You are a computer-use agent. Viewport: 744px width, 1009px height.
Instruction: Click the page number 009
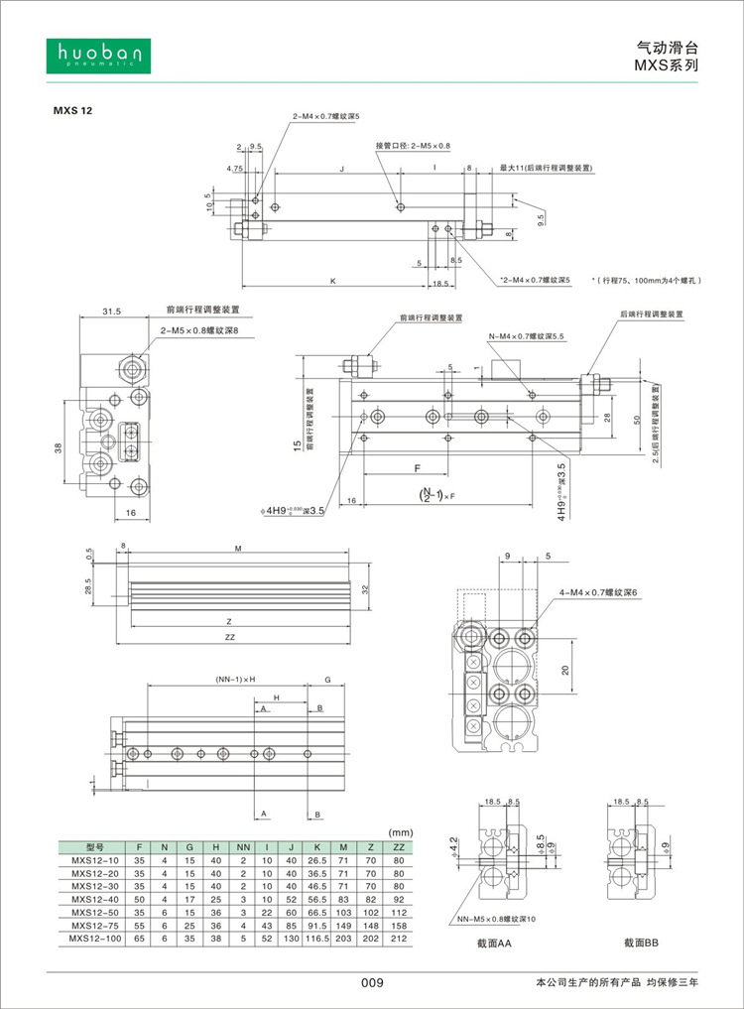pos(371,982)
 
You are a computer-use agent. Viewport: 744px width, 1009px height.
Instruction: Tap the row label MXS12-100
pos(95,938)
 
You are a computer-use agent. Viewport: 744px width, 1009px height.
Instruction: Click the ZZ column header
pos(399,847)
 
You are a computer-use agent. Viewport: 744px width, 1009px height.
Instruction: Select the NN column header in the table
pos(242,847)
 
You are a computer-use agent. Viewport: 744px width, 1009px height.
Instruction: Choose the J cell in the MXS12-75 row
pos(291,925)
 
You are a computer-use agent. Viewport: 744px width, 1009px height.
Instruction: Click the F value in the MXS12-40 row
pos(140,899)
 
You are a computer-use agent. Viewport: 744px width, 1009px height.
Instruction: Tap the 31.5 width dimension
pos(112,312)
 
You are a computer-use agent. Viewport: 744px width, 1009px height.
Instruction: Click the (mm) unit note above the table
pos(401,832)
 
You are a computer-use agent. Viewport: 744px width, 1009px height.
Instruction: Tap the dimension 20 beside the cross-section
pos(566,670)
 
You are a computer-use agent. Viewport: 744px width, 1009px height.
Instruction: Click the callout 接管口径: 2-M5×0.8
pos(413,146)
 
